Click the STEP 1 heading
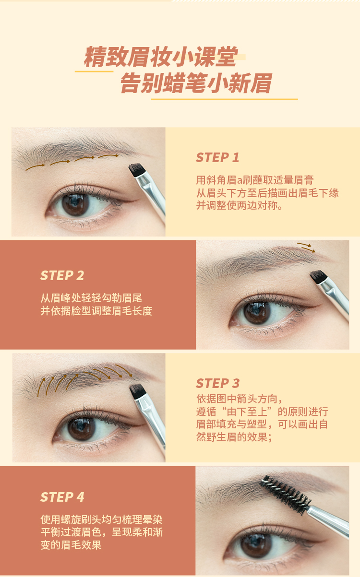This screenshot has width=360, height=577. click(x=217, y=157)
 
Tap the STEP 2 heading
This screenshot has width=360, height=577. click(x=62, y=275)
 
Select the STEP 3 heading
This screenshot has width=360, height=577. click(x=218, y=383)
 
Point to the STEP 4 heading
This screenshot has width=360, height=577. click(x=62, y=497)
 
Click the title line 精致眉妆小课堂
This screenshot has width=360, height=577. click(x=161, y=57)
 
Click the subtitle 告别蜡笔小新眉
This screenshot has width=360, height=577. click(x=196, y=83)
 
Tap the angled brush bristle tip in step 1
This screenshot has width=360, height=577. click(x=135, y=170)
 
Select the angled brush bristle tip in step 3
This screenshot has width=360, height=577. click(x=137, y=391)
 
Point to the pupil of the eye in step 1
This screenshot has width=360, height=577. click(x=75, y=204)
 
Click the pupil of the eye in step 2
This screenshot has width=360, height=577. click(x=257, y=313)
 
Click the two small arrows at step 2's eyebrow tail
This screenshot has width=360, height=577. click(x=306, y=247)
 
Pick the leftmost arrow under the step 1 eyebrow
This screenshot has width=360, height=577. click(x=35, y=167)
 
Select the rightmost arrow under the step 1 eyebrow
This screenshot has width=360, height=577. click(x=108, y=156)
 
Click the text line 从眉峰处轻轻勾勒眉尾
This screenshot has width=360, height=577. click(x=91, y=298)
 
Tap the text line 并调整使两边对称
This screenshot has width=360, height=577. click(x=239, y=206)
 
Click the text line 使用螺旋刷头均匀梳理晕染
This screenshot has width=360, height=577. click(x=102, y=519)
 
